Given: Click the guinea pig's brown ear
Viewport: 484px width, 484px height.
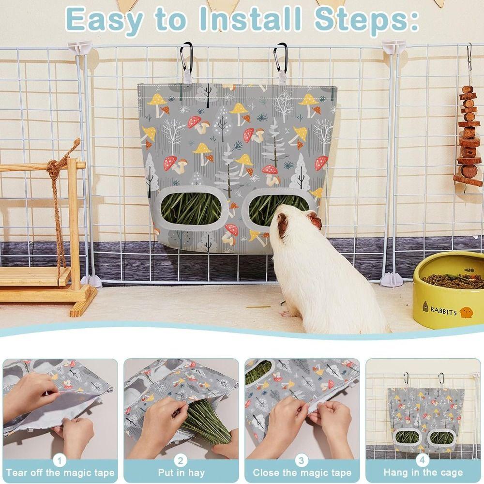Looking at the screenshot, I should [x=314, y=222].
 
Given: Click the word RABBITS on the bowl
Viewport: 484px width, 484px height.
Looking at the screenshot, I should [x=443, y=312].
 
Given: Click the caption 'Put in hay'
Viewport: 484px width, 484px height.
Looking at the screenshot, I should [x=181, y=473].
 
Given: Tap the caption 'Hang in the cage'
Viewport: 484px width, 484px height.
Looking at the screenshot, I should [x=423, y=473].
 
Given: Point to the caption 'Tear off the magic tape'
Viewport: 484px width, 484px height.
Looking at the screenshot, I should [x=60, y=473].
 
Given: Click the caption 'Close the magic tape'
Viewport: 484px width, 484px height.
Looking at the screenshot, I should [x=302, y=473].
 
